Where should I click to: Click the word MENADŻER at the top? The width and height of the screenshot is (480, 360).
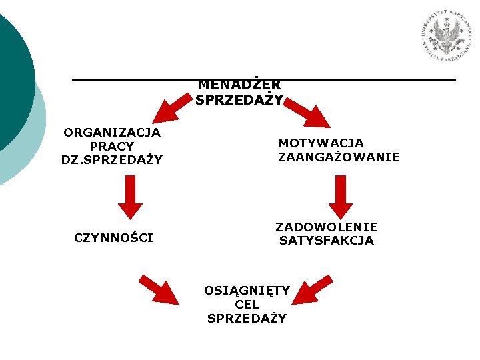[x=239, y=85]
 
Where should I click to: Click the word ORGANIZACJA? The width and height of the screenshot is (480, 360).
[x=112, y=132]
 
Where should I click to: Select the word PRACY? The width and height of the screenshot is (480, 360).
[x=112, y=146]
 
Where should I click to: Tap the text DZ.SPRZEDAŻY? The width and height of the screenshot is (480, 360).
[x=112, y=160]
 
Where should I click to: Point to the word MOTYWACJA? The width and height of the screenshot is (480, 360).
[x=321, y=143]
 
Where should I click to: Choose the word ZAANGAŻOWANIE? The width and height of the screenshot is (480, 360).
[x=339, y=157]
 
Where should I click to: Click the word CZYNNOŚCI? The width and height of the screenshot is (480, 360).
[x=114, y=237]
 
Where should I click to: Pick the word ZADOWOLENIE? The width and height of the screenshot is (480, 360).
[x=327, y=227]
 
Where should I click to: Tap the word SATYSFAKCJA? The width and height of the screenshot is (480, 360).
[x=327, y=241]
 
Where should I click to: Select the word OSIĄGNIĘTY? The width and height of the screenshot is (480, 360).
[x=247, y=290]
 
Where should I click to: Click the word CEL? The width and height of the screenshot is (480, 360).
[x=247, y=304]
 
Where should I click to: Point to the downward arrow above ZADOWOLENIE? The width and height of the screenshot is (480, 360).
[x=340, y=197]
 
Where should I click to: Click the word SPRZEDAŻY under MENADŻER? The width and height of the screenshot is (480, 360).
[x=239, y=100]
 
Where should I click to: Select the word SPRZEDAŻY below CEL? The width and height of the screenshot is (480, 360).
[x=247, y=318]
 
